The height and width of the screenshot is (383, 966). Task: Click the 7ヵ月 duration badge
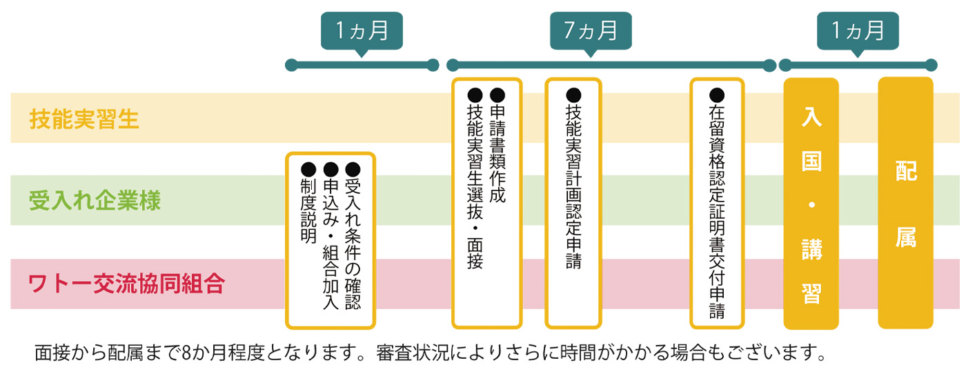[590, 31]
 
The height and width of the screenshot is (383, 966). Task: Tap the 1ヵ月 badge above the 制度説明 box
[362, 31]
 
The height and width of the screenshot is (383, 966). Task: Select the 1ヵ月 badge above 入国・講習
[858, 31]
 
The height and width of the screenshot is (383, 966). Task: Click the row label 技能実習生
[84, 119]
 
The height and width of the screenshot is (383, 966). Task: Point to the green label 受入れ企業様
[95, 201]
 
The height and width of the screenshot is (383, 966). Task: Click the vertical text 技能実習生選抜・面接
[475, 186]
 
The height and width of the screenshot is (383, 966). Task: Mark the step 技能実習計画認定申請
[573, 186]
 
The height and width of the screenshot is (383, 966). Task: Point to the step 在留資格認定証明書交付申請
[717, 211]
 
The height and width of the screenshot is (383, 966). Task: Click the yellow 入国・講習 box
[811, 204]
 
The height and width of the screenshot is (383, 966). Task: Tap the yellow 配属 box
[905, 204]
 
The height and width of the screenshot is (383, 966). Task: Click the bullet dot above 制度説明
[308, 168]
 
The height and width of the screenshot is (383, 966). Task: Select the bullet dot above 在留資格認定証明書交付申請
[717, 95]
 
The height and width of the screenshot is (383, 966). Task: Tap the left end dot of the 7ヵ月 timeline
[453, 66]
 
